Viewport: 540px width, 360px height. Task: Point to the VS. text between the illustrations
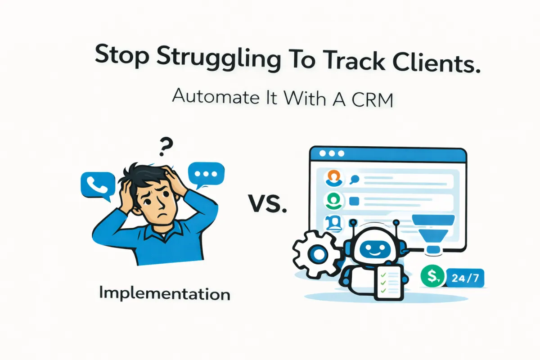pos(267,206)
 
